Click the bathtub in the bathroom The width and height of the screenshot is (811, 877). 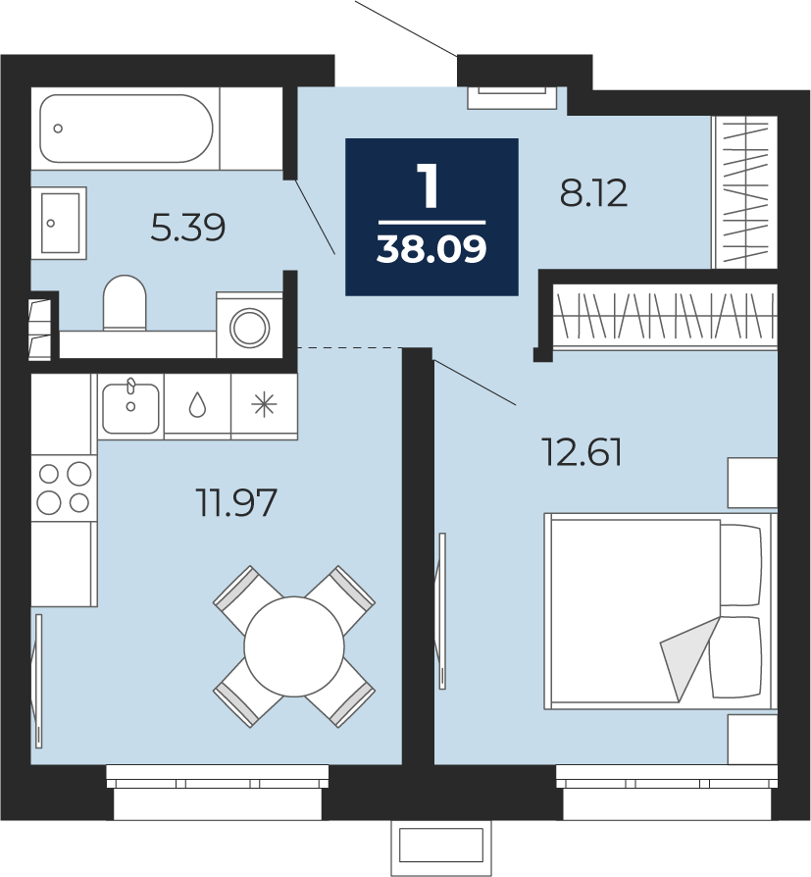[127, 129]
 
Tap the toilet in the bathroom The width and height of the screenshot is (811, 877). [125, 302]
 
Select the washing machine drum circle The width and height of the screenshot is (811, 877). [250, 328]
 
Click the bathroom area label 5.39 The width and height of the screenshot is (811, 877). [188, 228]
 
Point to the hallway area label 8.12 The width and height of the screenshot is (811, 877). [593, 193]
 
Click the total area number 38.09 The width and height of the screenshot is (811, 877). [431, 249]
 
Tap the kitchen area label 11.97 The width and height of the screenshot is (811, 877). [236, 502]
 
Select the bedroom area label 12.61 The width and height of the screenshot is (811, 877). [582, 452]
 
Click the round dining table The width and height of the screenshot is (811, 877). [293, 646]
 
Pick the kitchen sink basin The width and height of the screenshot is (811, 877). [130, 408]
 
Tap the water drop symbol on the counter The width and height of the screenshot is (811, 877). [197, 404]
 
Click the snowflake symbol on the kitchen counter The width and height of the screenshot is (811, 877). [264, 405]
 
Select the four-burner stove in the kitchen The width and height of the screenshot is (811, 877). [64, 489]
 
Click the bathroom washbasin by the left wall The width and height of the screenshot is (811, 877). [58, 223]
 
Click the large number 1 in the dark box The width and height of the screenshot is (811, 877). [429, 186]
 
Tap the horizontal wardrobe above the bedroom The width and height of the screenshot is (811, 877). [665, 316]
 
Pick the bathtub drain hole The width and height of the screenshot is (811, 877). [58, 129]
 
